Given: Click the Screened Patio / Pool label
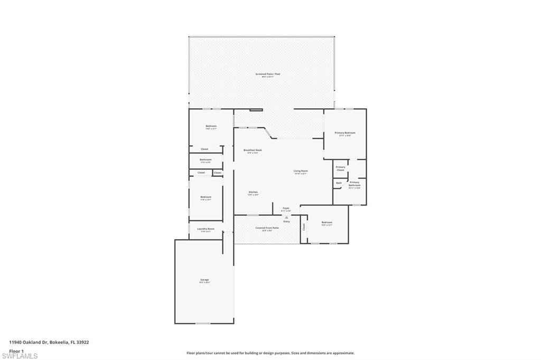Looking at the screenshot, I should pos(268,74).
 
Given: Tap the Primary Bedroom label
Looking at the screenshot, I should pos(344,133).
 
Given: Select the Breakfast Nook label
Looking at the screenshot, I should pos(253,150).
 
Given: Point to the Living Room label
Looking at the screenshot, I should pos(301,171).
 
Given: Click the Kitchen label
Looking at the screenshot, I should pos(253,192).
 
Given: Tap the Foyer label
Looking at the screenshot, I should pos(286,209).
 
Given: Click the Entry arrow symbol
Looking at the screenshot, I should pos(286,217).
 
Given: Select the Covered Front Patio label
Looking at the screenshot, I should pos(267,228).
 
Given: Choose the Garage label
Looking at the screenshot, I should pos(204,280).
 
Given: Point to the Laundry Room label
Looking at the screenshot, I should pos(206,229).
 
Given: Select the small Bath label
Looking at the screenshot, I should pos(339,183).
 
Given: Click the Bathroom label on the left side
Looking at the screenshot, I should pos(206,159).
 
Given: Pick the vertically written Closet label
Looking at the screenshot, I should pos(304,227).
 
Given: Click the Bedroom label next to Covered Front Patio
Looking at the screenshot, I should pos(327,223).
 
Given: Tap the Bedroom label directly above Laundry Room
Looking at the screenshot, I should pos(206,197).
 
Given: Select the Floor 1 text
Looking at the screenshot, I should pos(16,350).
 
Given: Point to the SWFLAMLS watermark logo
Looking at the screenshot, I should pos(20,356).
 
